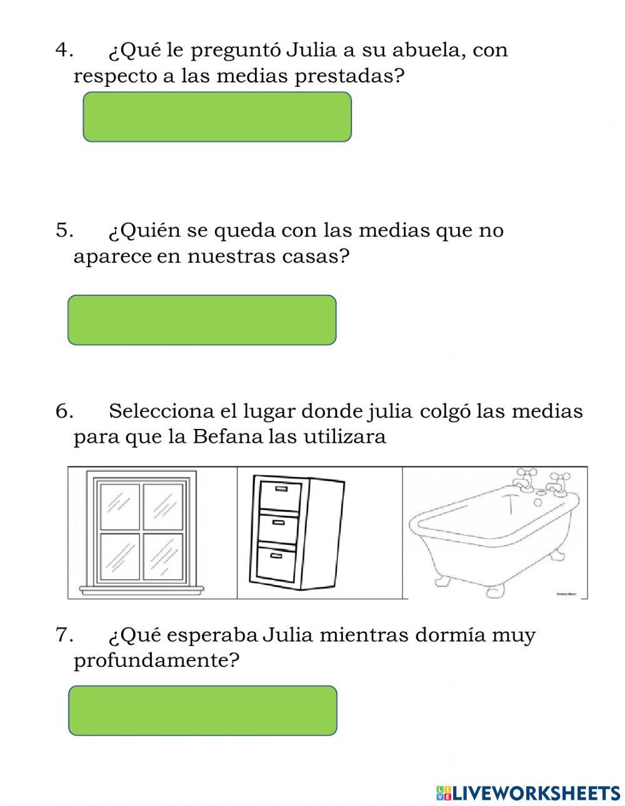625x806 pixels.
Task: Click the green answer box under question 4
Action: pyautogui.click(x=217, y=117)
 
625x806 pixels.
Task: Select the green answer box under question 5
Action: pyautogui.click(x=202, y=320)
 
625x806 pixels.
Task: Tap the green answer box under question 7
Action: pyautogui.click(x=202, y=710)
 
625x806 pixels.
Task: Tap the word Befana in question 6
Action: pyautogui.click(x=227, y=436)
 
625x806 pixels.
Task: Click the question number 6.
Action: pyautogui.click(x=64, y=411)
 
